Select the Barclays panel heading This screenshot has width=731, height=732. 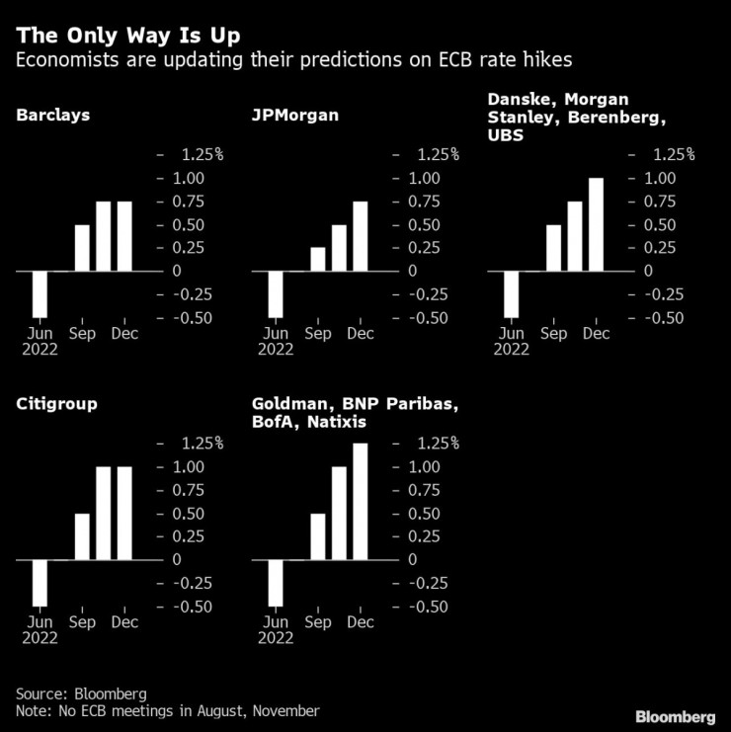(x=53, y=116)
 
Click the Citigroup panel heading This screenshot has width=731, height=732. (x=56, y=404)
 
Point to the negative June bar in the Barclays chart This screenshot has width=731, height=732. (x=41, y=293)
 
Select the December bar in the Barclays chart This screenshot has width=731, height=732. (x=124, y=235)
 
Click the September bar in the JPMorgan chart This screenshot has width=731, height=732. (x=317, y=259)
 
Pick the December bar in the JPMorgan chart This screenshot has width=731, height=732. (x=360, y=235)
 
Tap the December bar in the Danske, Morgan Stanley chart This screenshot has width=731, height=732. (x=596, y=224)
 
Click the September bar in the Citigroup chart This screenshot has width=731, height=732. (x=82, y=536)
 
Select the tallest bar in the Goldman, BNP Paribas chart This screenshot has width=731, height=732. (x=360, y=501)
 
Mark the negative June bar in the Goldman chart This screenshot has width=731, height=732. (x=277, y=583)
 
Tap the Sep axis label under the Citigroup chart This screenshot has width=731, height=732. (x=82, y=622)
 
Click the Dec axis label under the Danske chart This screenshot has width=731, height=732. (x=596, y=334)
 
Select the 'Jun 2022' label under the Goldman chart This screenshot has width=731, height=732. (x=276, y=630)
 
